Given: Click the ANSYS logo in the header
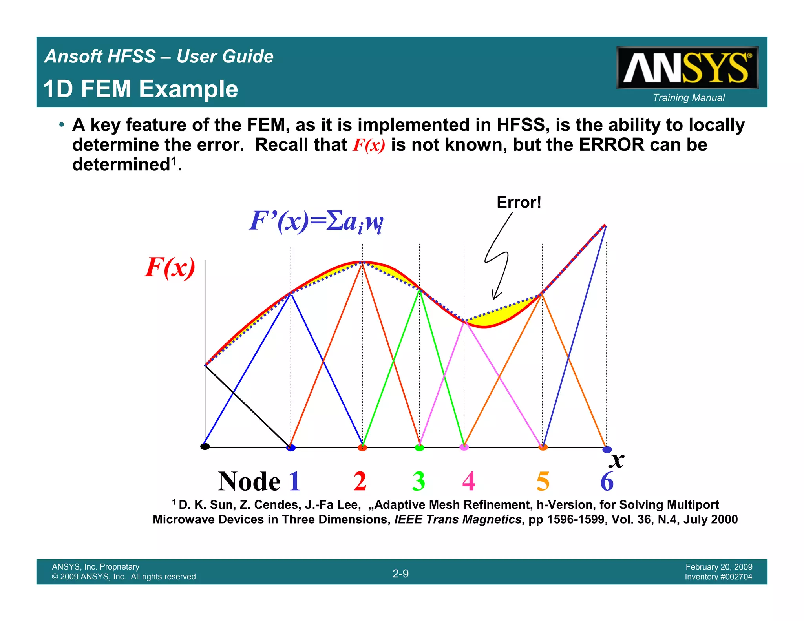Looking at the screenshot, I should [x=687, y=68].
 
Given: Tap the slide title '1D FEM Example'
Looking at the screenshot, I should [x=141, y=89].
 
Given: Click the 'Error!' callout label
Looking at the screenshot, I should [x=519, y=203].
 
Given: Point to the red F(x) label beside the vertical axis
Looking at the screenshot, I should [x=170, y=268].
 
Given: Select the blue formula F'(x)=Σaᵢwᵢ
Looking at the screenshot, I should [x=316, y=221].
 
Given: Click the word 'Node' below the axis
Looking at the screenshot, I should [x=249, y=481].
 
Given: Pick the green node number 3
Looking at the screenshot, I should [x=418, y=481].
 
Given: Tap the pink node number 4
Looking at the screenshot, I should [x=469, y=481].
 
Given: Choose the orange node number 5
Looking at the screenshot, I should [x=543, y=481].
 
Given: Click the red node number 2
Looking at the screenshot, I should [x=360, y=481].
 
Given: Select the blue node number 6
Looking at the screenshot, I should [x=607, y=481].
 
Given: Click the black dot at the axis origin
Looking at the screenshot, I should [x=205, y=446].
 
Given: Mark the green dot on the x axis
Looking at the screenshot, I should [x=419, y=447].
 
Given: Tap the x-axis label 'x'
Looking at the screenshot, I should [x=618, y=460].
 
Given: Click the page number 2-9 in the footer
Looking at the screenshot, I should [x=400, y=574].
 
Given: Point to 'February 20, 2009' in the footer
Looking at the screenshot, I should [x=719, y=567].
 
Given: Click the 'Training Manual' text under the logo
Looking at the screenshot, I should [x=689, y=98].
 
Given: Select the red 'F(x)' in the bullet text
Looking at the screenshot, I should [x=369, y=145].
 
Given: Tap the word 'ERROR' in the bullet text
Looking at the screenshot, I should [x=611, y=145].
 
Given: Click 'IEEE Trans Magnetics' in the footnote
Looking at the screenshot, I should [x=457, y=519].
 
